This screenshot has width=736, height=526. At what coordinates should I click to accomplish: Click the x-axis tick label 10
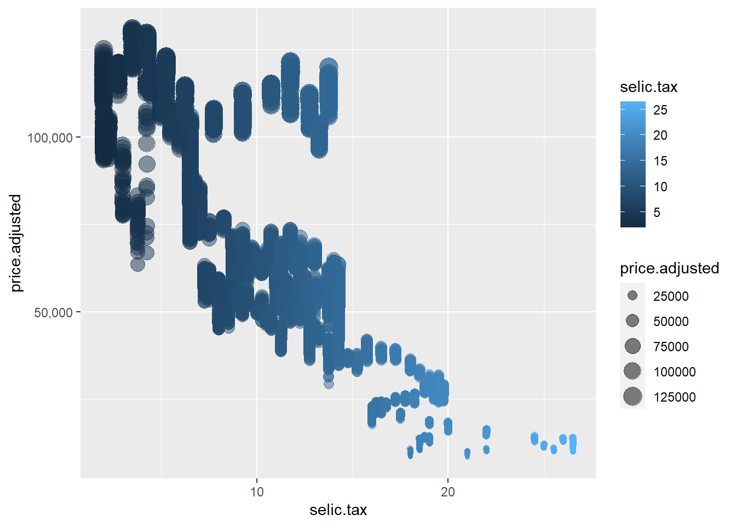[x=256, y=492]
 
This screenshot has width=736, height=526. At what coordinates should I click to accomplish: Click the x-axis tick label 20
[x=447, y=492]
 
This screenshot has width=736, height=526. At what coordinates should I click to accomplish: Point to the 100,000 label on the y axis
[x=50, y=138]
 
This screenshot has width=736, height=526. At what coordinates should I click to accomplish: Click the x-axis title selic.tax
[x=338, y=510]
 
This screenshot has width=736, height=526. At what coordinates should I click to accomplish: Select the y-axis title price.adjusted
[x=16, y=243]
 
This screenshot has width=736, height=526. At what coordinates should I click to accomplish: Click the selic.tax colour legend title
[x=648, y=87]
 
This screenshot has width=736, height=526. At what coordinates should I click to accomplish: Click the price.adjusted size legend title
[x=669, y=268]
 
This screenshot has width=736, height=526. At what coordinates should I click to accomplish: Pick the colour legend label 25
[x=660, y=110]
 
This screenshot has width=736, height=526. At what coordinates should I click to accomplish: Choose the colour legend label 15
[x=660, y=161]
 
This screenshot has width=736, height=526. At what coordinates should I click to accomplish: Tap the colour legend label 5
[x=657, y=213]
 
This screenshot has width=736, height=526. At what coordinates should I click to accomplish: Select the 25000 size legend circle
[x=633, y=296]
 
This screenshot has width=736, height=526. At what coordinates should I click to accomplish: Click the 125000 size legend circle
[x=633, y=396]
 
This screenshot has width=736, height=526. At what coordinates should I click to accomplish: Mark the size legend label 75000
[x=671, y=347]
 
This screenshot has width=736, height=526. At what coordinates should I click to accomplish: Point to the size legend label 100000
[x=674, y=372]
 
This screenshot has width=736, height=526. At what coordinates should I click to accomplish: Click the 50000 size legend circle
[x=633, y=321]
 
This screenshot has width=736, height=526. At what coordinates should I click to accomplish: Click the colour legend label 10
[x=660, y=187]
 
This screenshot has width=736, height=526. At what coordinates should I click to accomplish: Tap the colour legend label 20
[x=660, y=135]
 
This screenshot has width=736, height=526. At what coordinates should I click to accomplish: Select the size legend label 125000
[x=674, y=397]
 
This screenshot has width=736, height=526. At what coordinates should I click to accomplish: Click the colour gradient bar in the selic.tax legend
[x=633, y=164]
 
